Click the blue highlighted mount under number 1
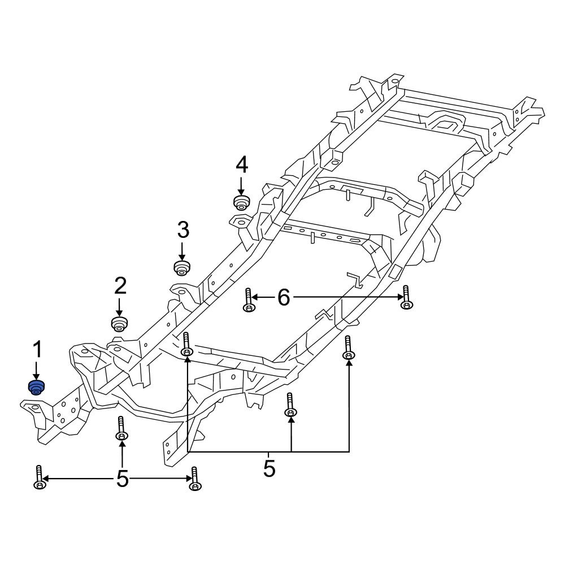click(36, 388)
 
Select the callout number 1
click(37, 350)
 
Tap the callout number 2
click(120, 286)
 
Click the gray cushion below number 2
click(119, 324)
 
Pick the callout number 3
click(182, 230)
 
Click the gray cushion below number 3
click(181, 266)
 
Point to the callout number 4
click(241, 165)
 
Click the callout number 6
click(283, 297)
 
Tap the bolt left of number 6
click(248, 300)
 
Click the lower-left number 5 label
click(122, 480)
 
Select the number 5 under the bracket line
click(269, 468)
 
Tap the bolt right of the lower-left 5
click(195, 479)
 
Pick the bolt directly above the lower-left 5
click(120, 429)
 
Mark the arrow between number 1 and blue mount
click(37, 370)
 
